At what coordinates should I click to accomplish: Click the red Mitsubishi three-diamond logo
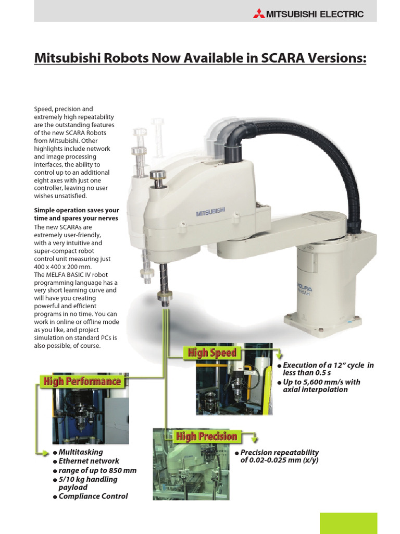point(259,14)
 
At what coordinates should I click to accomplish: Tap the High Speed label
point(212,353)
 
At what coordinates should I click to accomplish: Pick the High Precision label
point(206,436)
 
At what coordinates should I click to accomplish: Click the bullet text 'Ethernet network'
point(89,461)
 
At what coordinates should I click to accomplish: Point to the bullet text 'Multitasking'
point(81,452)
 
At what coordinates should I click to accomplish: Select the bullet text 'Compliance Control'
point(93,496)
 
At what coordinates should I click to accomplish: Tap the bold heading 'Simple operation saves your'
point(77,210)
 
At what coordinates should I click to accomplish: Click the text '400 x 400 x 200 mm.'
point(64,266)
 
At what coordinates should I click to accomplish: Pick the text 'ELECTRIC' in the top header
point(341,14)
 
